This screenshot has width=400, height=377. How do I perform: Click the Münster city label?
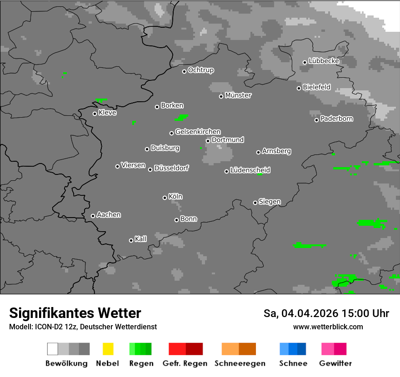(238, 95)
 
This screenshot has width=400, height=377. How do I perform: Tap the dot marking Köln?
(165, 198)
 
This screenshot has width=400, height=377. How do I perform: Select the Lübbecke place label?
(324, 61)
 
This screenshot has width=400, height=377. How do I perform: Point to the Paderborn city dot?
(316, 120)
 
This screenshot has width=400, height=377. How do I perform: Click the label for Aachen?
(109, 215)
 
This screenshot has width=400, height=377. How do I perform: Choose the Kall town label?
(141, 239)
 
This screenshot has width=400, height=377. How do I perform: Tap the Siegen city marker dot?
(255, 203)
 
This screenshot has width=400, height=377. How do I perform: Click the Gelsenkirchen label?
(198, 132)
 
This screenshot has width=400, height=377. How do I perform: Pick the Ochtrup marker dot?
(184, 71)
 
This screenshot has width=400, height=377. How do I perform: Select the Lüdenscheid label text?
(250, 170)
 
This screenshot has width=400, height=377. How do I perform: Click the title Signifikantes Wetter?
(75, 313)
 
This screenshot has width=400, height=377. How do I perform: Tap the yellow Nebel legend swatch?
(108, 349)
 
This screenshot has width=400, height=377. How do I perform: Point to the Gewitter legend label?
(335, 363)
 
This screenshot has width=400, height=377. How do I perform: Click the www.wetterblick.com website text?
(328, 327)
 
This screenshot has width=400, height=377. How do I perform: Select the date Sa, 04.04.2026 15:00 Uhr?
(326, 313)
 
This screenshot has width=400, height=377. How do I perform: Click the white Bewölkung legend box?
(53, 349)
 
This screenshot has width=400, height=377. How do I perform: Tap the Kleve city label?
(107, 113)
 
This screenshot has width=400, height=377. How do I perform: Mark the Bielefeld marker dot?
(299, 88)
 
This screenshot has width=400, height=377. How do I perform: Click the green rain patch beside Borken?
(182, 117)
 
